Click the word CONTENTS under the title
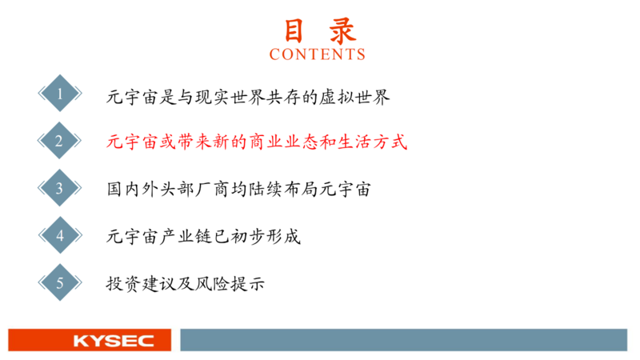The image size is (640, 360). [x=317, y=54]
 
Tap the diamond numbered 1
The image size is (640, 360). [x=59, y=93]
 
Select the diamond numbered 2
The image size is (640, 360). [x=59, y=141]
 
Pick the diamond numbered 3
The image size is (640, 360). [x=59, y=188]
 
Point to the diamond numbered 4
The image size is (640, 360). [x=59, y=235]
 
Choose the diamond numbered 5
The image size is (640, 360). [x=59, y=282]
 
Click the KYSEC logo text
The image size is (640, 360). [x=114, y=341]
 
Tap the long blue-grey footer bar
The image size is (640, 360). [x=404, y=339]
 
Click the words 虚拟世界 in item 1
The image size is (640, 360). [x=354, y=97]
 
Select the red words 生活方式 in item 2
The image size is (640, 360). [x=373, y=142]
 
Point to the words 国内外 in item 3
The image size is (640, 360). [x=133, y=190]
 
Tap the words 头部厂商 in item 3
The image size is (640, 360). [x=194, y=190]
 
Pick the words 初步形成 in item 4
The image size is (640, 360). [x=266, y=237]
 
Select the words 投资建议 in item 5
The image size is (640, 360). [x=142, y=284]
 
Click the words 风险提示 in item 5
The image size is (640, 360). [x=230, y=284]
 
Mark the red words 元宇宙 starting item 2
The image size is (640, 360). [x=133, y=142]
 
